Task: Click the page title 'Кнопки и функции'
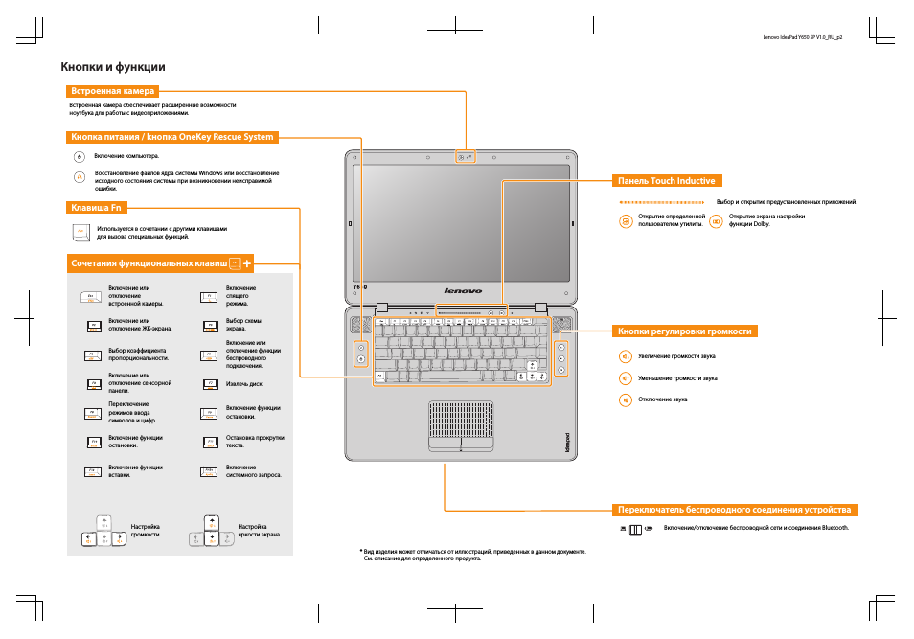click(113, 67)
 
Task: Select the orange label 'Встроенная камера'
click(113, 91)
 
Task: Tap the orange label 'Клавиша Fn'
click(97, 206)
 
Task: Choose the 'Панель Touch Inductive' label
click(667, 180)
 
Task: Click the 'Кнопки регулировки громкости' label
click(685, 331)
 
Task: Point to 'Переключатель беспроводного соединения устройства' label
click(734, 509)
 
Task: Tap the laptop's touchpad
click(461, 422)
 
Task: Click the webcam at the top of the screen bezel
click(462, 156)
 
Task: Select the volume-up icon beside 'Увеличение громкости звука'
click(625, 356)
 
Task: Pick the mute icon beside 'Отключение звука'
click(625, 399)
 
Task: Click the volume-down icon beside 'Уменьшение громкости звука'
click(625, 378)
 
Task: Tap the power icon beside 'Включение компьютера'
click(80, 155)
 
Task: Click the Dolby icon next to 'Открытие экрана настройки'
click(715, 220)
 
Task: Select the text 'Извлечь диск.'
click(244, 384)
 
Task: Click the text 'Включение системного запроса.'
click(253, 471)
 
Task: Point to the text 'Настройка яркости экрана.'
click(259, 531)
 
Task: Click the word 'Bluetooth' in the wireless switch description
click(832, 528)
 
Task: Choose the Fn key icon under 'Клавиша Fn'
click(80, 233)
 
